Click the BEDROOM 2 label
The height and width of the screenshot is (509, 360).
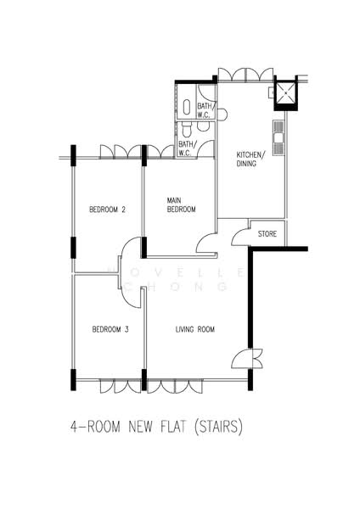pyautogui.click(x=108, y=209)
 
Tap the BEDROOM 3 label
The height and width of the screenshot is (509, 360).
pyautogui.click(x=110, y=329)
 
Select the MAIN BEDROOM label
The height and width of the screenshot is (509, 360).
pyautogui.click(x=181, y=204)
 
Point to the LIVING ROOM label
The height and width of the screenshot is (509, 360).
pyautogui.click(x=194, y=329)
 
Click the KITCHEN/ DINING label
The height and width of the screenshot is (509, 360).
pyautogui.click(x=250, y=159)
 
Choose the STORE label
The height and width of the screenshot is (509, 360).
pyautogui.click(x=267, y=232)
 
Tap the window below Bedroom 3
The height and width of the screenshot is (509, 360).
pyautogui.click(x=117, y=386)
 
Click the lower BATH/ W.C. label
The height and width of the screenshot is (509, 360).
pyautogui.click(x=187, y=148)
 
